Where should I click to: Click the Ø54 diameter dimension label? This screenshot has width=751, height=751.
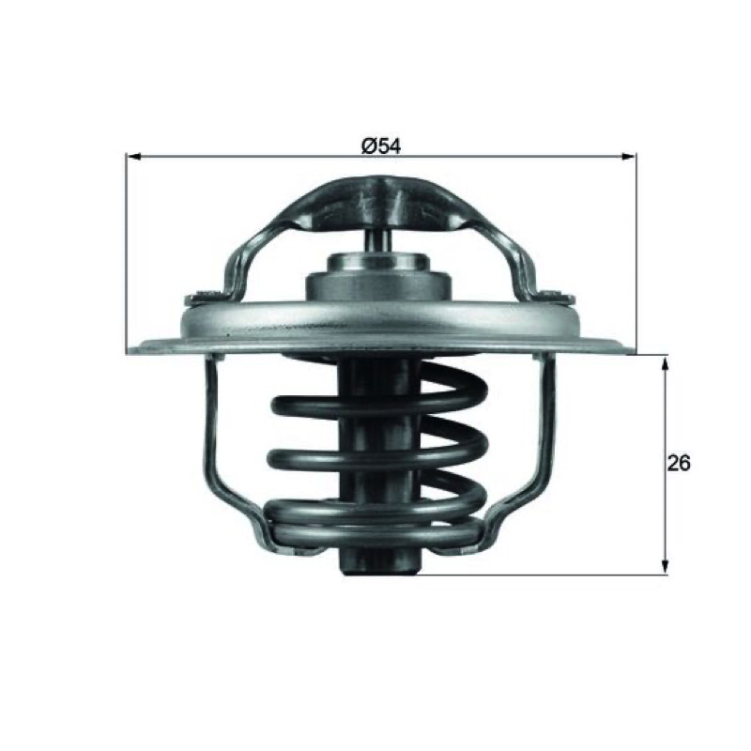(381, 146)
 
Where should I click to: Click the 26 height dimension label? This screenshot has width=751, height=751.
(679, 463)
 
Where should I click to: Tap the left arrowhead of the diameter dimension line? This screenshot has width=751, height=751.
(132, 156)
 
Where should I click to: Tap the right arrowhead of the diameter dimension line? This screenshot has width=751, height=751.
(629, 156)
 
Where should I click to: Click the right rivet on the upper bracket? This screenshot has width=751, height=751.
(557, 295)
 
